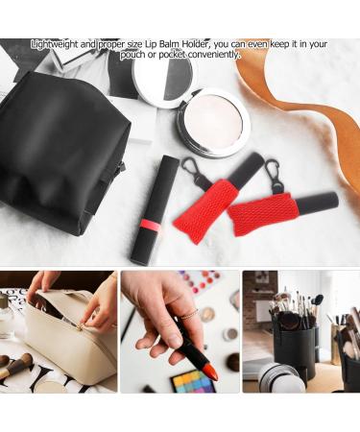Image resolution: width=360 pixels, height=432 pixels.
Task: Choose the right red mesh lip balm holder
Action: point(264,211)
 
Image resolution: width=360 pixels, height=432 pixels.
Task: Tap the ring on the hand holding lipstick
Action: point(188,314)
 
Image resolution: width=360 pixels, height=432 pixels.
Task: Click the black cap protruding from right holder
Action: point(317,203)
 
